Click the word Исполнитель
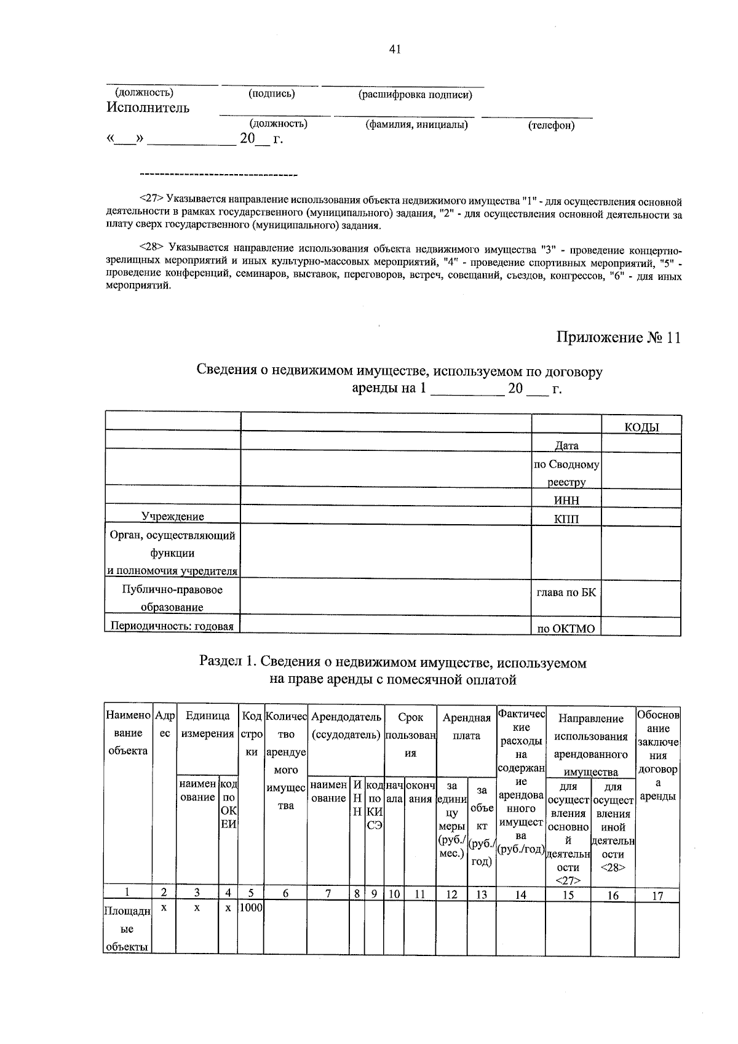coord(148,108)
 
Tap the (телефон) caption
coord(551,126)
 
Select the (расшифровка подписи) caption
coord(415,95)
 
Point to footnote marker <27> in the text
coord(151,199)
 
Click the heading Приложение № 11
coord(618,338)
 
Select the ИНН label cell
coord(566,500)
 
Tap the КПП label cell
coord(566,519)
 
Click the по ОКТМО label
coord(566,629)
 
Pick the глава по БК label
coord(566,592)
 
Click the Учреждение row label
coord(173,516)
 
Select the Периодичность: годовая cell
coord(172,626)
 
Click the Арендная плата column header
coord(466,727)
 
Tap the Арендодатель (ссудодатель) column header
coord(346,726)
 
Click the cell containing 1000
coord(250,908)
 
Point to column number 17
coord(657,896)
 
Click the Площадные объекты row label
coord(127,930)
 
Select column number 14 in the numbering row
coord(520,895)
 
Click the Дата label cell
coord(566,445)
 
